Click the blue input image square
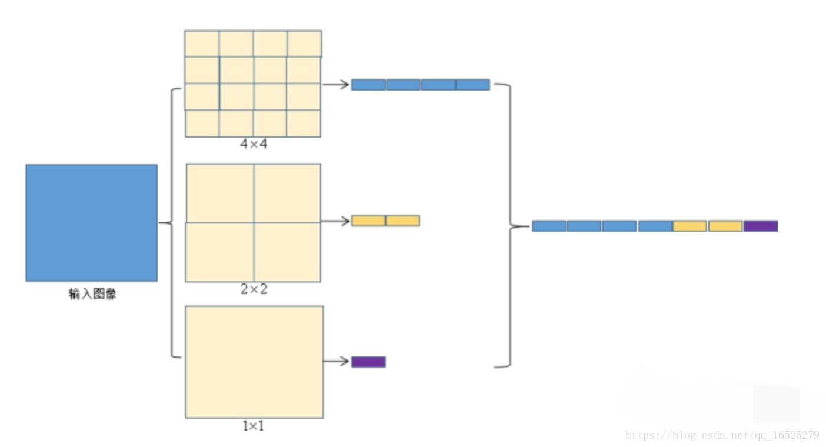[x=91, y=222]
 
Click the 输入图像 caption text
[x=92, y=294]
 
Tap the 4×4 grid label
[x=254, y=144]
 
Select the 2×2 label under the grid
[x=254, y=289]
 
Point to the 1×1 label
[x=254, y=425]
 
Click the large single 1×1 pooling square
[x=254, y=362]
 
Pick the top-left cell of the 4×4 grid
[x=202, y=44]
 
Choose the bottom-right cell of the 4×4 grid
[x=304, y=124]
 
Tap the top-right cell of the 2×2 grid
[x=287, y=193]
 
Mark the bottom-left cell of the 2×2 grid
[x=219, y=252]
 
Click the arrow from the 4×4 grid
[x=335, y=85]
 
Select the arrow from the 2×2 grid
[x=335, y=221]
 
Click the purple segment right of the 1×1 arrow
[x=368, y=362]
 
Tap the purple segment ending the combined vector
[x=760, y=226]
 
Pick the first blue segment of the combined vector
[x=549, y=226]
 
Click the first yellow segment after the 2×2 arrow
[x=368, y=221]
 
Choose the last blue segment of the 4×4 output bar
[x=472, y=85]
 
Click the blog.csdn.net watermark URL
[x=722, y=435]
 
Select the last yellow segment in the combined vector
[x=725, y=226]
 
